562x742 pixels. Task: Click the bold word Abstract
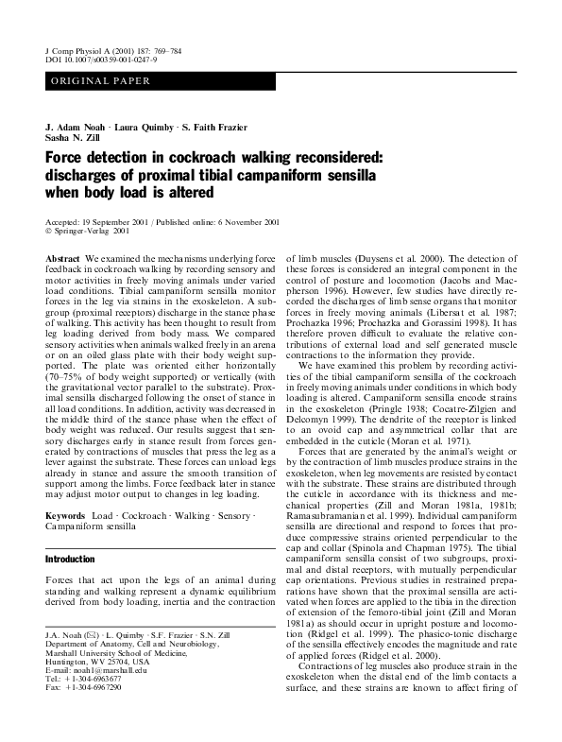click(x=61, y=258)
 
